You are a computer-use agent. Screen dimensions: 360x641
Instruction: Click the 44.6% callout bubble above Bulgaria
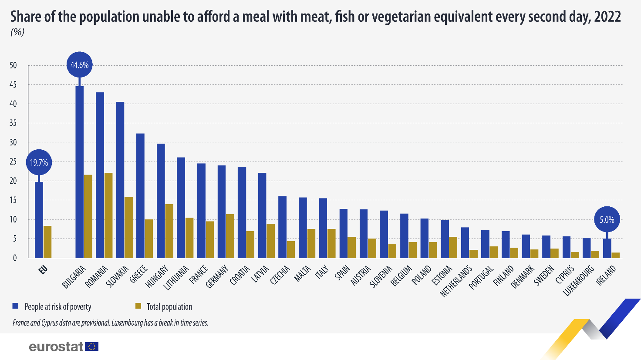coord(79,65)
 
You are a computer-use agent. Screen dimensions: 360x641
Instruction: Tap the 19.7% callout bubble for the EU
coord(39,163)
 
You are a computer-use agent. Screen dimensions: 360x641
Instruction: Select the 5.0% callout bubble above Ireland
coord(607,220)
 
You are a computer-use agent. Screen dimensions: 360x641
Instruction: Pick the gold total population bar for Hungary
coord(169,231)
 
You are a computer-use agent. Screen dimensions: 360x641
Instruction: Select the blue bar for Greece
coord(140,195)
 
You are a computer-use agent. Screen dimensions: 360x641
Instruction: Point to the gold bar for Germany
coord(230,236)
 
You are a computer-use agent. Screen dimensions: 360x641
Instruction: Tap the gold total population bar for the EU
coord(47,242)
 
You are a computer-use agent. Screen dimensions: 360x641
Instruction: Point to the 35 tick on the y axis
coord(13,123)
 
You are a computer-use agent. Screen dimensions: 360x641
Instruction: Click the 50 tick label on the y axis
coord(13,66)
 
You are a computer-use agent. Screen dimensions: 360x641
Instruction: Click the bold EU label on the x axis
coord(43,270)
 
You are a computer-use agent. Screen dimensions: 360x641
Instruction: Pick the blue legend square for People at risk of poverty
coord(16,306)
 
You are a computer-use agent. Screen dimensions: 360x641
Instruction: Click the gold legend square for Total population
coord(138,306)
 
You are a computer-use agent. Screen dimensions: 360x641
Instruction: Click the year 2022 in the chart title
coord(607,17)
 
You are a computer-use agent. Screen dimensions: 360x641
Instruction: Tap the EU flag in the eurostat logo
coord(92,347)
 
